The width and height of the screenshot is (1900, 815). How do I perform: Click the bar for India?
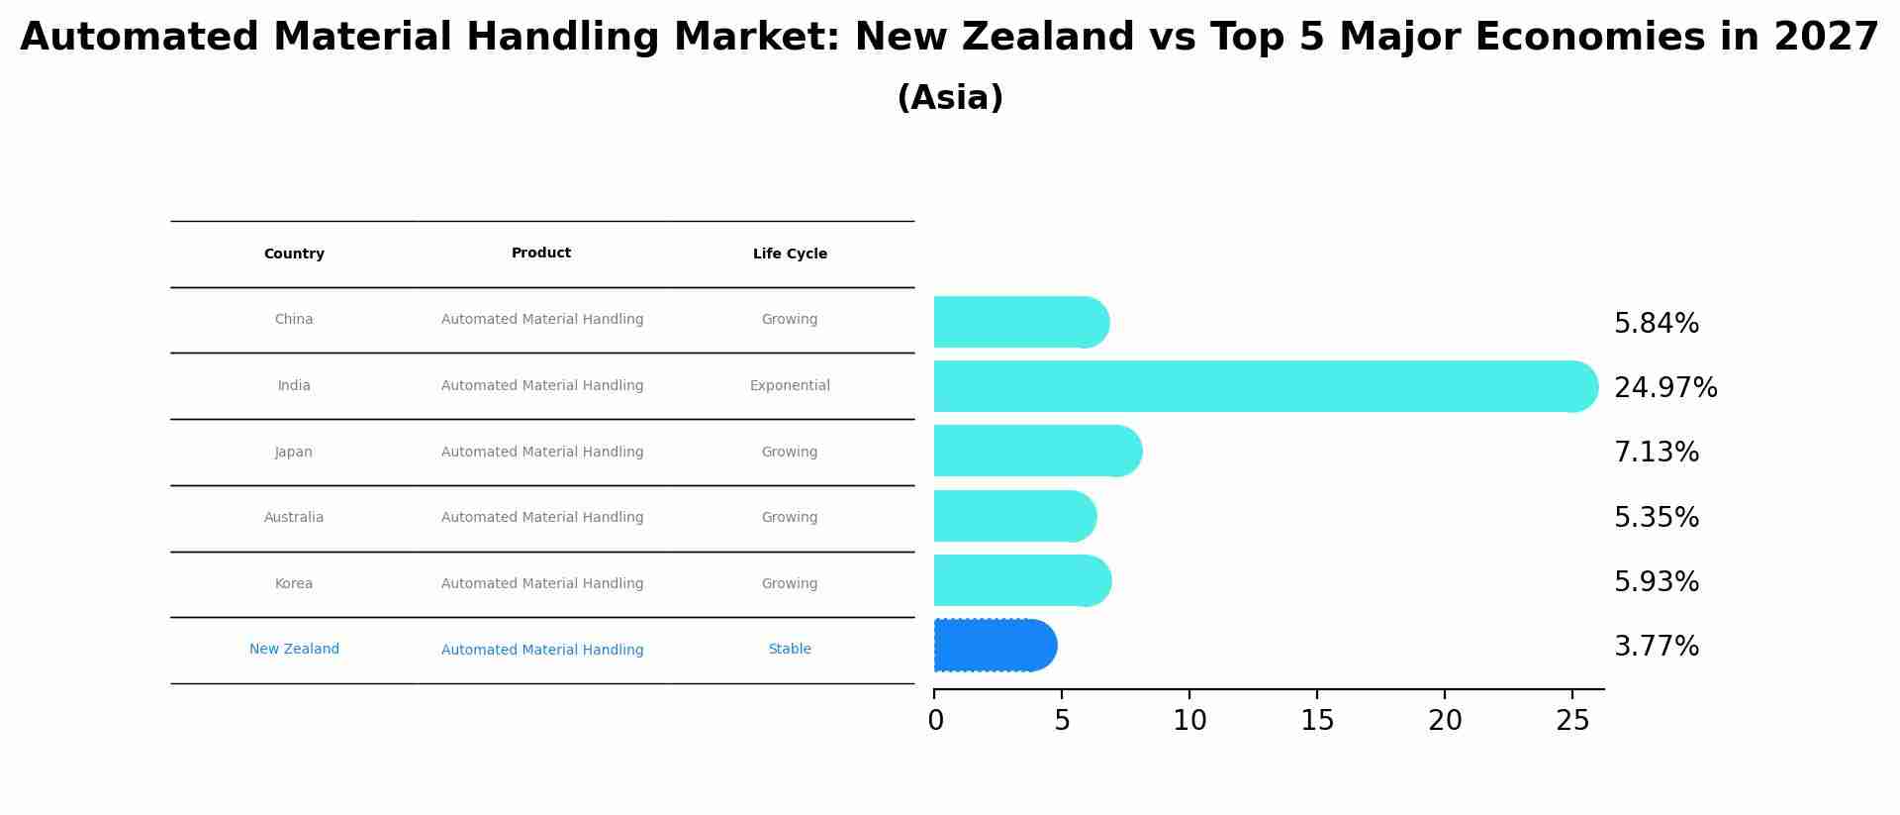[1265, 386]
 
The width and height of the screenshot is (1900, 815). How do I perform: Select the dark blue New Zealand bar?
[995, 646]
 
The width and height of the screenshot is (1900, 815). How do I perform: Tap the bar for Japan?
[1037, 452]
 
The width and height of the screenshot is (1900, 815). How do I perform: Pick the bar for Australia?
[1014, 516]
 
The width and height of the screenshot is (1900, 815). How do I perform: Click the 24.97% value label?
[1665, 388]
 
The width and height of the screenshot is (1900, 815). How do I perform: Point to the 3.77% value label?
[1656, 647]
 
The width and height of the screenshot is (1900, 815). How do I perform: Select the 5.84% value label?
[1656, 324]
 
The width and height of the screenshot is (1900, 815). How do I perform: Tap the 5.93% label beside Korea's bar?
[1656, 582]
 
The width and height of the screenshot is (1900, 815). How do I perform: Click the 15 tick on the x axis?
[1317, 721]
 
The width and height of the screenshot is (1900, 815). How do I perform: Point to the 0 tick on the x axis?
[935, 721]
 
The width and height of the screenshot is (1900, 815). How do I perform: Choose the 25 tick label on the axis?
[1571, 721]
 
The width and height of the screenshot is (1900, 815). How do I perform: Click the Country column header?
[294, 255]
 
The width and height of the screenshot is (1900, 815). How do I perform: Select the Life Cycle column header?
[790, 255]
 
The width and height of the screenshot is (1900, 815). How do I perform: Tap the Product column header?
[541, 254]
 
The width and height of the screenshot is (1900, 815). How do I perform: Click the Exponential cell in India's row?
[790, 386]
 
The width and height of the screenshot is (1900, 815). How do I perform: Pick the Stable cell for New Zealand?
[790, 650]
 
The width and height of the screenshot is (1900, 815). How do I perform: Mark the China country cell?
[294, 320]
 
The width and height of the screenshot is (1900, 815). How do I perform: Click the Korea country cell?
[294, 584]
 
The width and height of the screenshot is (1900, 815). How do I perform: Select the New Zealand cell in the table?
[294, 650]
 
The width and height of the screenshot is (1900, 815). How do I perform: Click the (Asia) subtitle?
[950, 98]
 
